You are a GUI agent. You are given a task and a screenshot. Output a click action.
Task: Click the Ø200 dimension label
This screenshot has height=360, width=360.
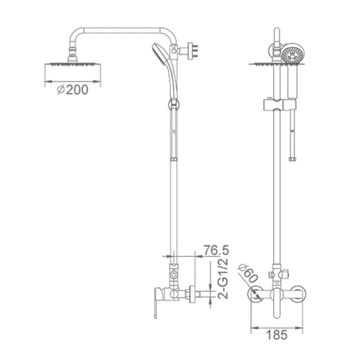[73, 90]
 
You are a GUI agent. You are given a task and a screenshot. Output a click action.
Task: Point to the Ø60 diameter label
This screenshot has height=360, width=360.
[248, 274]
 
